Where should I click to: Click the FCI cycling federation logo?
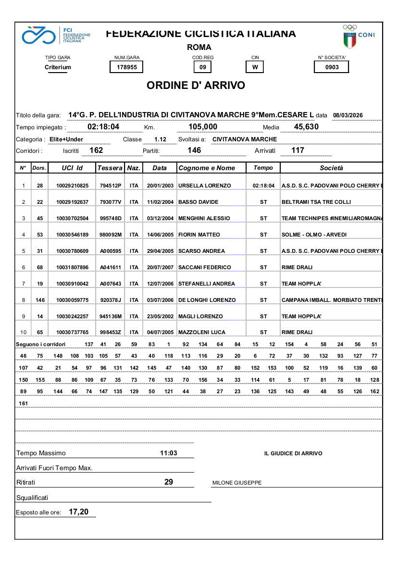[x=56, y=35]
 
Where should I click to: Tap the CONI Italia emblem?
[x=358, y=37]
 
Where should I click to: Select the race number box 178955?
[x=127, y=67]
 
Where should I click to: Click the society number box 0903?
[x=332, y=67]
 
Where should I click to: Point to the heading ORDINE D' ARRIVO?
[x=196, y=86]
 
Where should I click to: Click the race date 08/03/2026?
[x=347, y=115]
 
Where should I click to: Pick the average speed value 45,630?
[x=306, y=127]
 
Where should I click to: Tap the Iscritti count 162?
[x=96, y=150]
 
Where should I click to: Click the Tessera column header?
[x=110, y=168]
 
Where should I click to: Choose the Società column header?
[x=332, y=168]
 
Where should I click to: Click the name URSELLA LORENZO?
[x=204, y=186]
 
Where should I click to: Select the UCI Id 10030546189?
[x=73, y=235]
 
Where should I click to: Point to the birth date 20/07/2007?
[x=160, y=267]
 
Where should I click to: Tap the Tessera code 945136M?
[x=111, y=316]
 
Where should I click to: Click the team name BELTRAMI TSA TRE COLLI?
[x=316, y=202]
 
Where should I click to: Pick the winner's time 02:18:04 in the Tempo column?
[x=263, y=186]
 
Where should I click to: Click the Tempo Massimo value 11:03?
[x=169, y=453]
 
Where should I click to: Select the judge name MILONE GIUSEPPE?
[x=237, y=483]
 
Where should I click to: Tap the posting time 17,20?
[x=78, y=512]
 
